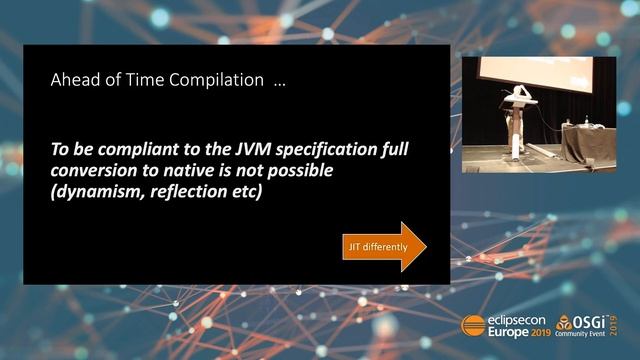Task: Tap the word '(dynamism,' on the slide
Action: pyautogui.click(x=97, y=192)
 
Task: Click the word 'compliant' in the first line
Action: pyautogui.click(x=138, y=149)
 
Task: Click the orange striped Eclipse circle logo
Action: pyautogui.click(x=472, y=325)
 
